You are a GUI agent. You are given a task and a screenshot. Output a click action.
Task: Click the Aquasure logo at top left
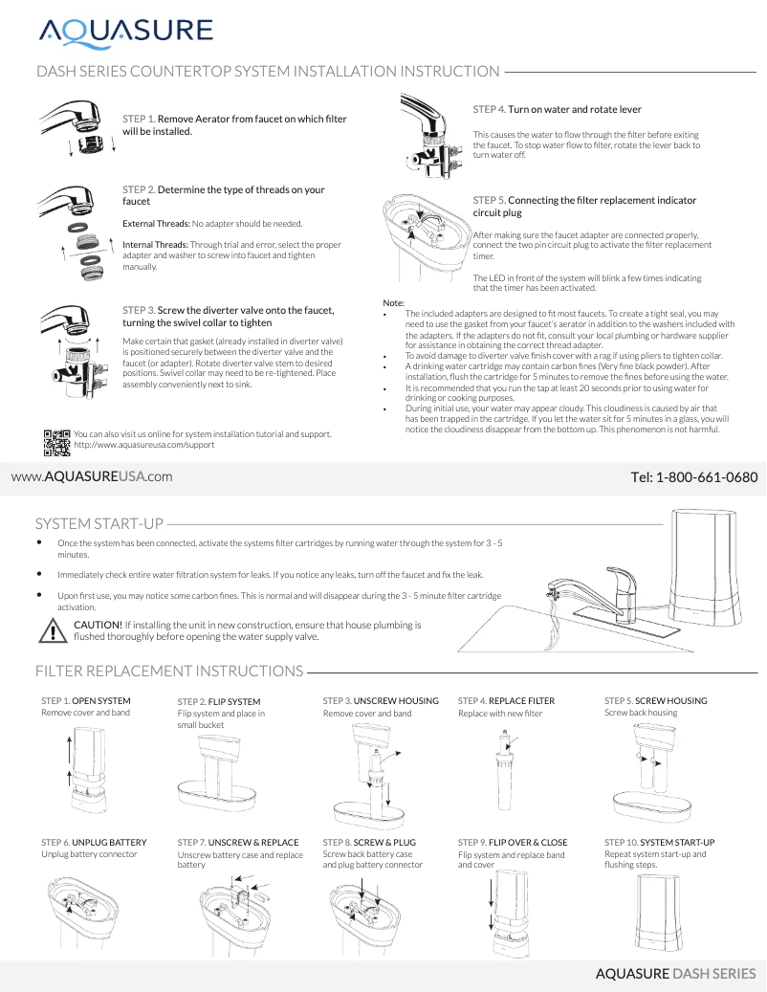coord(125,32)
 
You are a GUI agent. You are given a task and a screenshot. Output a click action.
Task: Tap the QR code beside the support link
coord(57,440)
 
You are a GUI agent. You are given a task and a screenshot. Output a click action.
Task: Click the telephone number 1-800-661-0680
coord(694,476)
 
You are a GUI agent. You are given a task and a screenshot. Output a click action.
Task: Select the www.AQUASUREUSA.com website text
coord(92,476)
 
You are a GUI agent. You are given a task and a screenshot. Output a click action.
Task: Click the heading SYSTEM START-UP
coord(99,524)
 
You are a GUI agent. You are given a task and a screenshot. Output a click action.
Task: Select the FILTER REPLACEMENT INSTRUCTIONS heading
coord(169,671)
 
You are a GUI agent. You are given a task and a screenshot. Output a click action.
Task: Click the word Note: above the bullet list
coord(393,303)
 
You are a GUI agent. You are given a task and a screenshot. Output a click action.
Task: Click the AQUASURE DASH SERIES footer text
coord(675,974)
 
